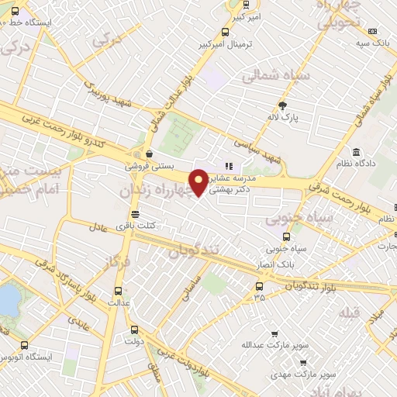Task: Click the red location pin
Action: click(x=199, y=181)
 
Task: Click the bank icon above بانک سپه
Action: click(x=373, y=31)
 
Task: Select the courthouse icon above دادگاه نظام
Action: click(x=356, y=152)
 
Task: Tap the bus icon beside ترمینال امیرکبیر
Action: click(x=225, y=33)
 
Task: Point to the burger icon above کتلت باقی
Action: click(x=136, y=214)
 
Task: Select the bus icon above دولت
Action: click(x=133, y=329)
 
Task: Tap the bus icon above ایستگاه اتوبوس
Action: click(x=24, y=346)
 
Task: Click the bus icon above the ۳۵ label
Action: click(x=259, y=285)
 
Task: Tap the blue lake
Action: click(x=9, y=299)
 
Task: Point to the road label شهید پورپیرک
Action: click(x=108, y=92)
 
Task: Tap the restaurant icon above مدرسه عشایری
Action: click(x=228, y=165)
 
